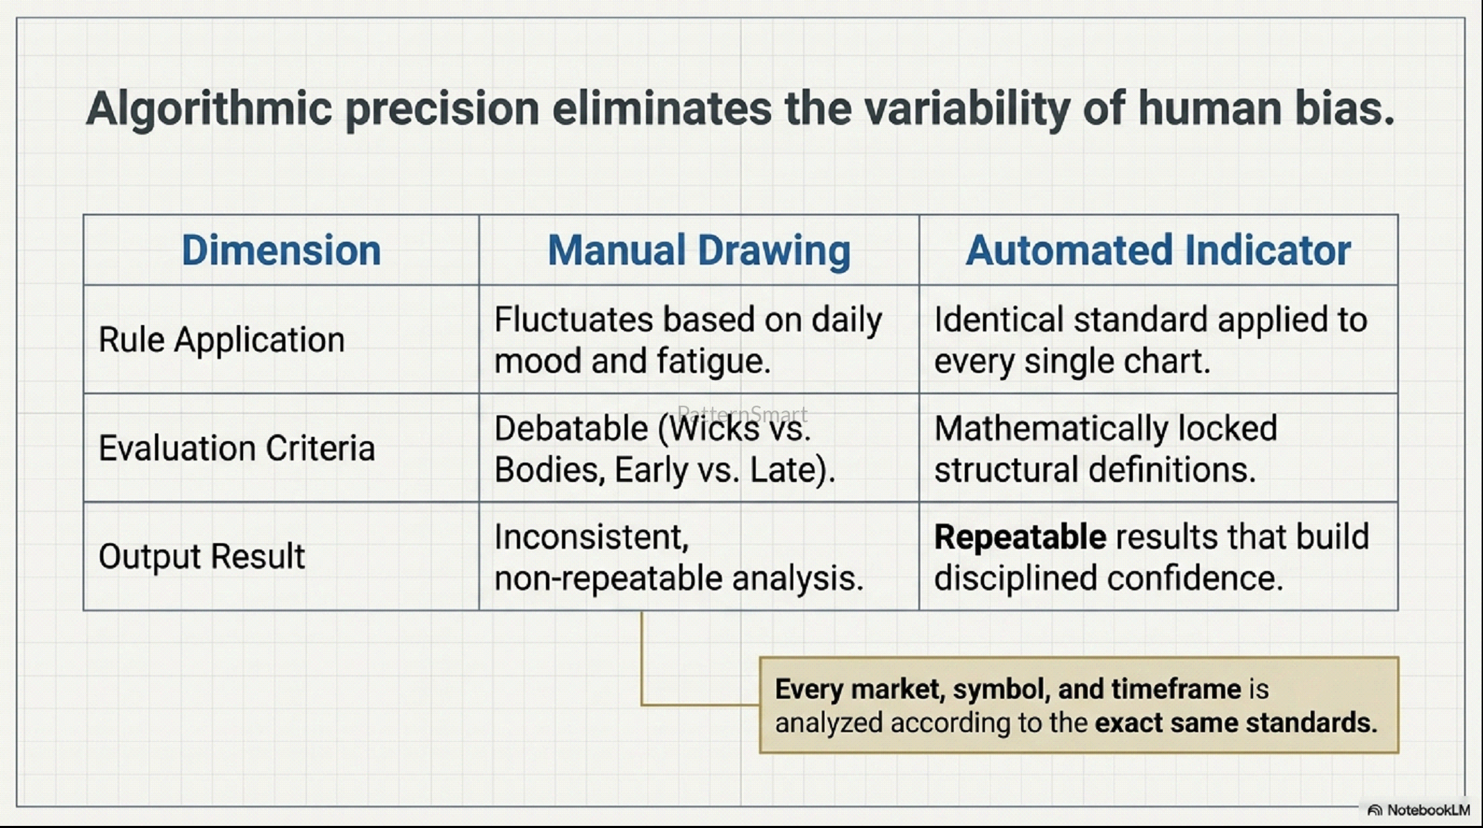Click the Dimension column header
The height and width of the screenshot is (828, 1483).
click(x=281, y=250)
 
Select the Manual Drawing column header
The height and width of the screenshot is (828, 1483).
click(x=699, y=251)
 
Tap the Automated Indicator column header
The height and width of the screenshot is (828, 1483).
click(x=1158, y=250)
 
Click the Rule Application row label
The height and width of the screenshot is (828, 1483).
click(x=222, y=340)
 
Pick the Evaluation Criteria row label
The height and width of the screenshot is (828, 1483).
click(x=237, y=448)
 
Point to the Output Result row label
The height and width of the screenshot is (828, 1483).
click(x=201, y=556)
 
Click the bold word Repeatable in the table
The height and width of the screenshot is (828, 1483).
click(x=1020, y=538)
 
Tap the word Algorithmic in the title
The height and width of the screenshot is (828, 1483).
click(x=209, y=109)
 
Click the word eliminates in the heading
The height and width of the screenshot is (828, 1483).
click(x=662, y=108)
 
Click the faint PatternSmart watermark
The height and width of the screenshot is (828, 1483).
click(x=742, y=414)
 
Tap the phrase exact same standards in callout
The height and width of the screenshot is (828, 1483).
click(x=1236, y=723)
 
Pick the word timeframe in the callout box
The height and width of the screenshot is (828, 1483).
click(x=1176, y=689)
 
